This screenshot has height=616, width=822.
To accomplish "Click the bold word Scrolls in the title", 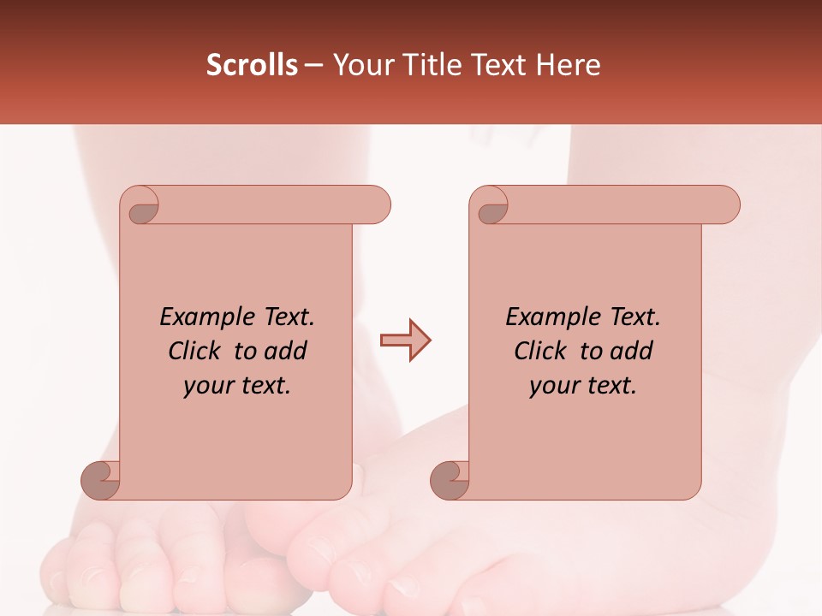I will click(x=253, y=65).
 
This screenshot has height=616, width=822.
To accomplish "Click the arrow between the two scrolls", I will click(x=405, y=341).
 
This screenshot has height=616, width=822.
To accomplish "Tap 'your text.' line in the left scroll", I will click(x=237, y=386).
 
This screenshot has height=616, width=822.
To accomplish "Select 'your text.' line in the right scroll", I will click(x=583, y=386).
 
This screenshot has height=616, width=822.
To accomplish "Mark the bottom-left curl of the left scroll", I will click(x=101, y=479).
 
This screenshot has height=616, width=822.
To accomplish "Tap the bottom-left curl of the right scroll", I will click(x=450, y=479).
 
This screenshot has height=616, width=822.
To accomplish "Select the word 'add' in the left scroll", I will click(x=286, y=351).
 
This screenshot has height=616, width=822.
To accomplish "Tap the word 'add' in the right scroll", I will click(x=632, y=351).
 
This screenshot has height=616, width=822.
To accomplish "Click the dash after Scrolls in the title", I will click(x=314, y=66).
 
